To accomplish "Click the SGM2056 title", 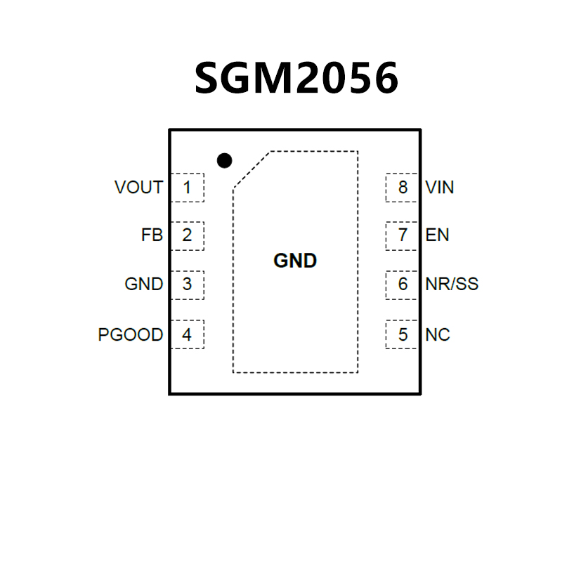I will coord(296,77).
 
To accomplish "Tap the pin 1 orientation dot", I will coord(224,161).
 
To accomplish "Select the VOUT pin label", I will coord(138,188).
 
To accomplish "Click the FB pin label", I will coord(152,235).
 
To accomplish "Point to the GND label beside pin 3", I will coord(143,285).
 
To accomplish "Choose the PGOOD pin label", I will coord(130,335).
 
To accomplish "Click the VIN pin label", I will coord(440,188).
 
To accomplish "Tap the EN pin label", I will coord(437,235).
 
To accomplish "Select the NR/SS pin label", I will coord(452,285).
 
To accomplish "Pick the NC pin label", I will coord(438,335).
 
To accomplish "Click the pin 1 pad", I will coord(187,188).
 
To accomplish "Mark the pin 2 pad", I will coord(187,235).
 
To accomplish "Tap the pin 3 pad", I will coord(187,285).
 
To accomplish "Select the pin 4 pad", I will coord(187,335).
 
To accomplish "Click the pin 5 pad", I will coord(403,335).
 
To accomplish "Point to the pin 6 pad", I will coord(403,285).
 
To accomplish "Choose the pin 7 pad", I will coord(403,235).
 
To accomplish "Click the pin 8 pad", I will coord(403,188).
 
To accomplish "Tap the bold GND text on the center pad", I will coord(295,261).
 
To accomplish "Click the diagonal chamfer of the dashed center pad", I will coord(252,169).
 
